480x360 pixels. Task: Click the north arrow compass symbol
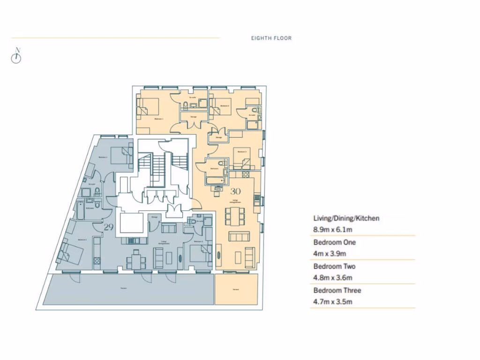point(16,56)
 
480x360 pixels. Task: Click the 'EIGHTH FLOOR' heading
point(271,38)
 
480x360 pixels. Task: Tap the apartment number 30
point(235,191)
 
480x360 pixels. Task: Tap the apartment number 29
point(109,227)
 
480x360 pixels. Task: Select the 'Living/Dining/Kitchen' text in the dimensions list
point(346,218)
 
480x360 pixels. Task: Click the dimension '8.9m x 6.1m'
point(332,230)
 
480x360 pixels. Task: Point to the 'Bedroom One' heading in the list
point(334,242)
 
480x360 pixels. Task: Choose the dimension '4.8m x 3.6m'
point(332,277)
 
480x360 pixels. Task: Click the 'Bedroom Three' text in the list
point(337,290)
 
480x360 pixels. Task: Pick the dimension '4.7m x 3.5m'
point(332,302)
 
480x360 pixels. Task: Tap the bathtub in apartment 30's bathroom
point(214,180)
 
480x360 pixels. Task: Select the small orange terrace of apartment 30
point(236,289)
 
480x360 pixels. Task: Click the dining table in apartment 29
point(136,258)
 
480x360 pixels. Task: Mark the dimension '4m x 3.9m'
point(330,254)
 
